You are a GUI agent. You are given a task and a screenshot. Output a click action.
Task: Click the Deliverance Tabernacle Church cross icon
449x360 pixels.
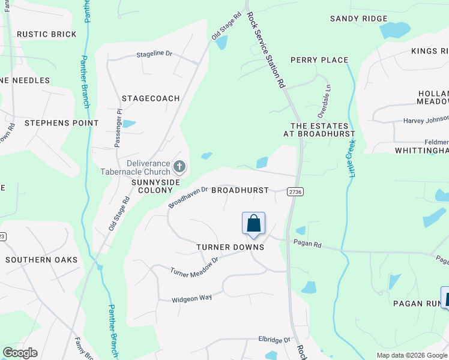(178, 166)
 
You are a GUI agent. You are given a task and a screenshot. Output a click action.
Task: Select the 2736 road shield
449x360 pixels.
(295, 191)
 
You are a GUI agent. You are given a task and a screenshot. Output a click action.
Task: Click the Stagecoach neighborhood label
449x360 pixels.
(151, 98)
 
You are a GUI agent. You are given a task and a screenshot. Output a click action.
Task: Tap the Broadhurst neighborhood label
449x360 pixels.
(240, 190)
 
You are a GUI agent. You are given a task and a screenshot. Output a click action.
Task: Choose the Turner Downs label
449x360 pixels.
(231, 247)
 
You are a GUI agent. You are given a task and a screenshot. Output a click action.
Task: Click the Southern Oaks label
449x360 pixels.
(41, 260)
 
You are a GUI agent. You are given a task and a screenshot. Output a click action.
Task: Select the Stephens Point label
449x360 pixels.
(61, 123)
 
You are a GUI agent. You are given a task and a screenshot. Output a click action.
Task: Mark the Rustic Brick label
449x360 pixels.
(47, 34)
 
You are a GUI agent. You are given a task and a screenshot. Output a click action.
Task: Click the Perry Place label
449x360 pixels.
(319, 60)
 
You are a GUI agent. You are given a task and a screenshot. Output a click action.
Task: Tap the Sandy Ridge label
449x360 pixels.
(359, 19)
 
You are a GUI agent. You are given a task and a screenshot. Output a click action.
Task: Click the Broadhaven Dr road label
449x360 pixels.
(188, 196)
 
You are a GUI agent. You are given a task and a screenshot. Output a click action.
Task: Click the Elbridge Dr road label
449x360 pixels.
(274, 340)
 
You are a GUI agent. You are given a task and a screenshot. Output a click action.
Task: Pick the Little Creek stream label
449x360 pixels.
(349, 154)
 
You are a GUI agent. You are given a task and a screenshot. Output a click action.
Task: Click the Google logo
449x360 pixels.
(20, 353)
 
